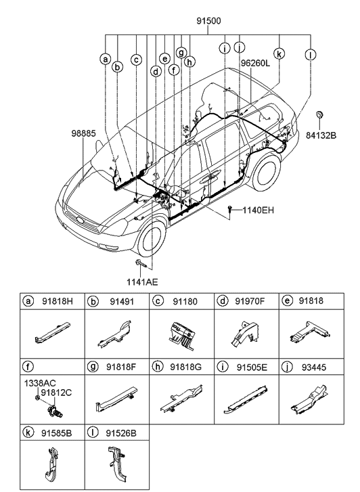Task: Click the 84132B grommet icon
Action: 321,113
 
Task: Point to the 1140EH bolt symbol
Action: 232,210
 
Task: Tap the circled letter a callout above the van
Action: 106,59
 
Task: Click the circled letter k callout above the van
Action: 279,51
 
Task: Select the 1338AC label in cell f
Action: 41,382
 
